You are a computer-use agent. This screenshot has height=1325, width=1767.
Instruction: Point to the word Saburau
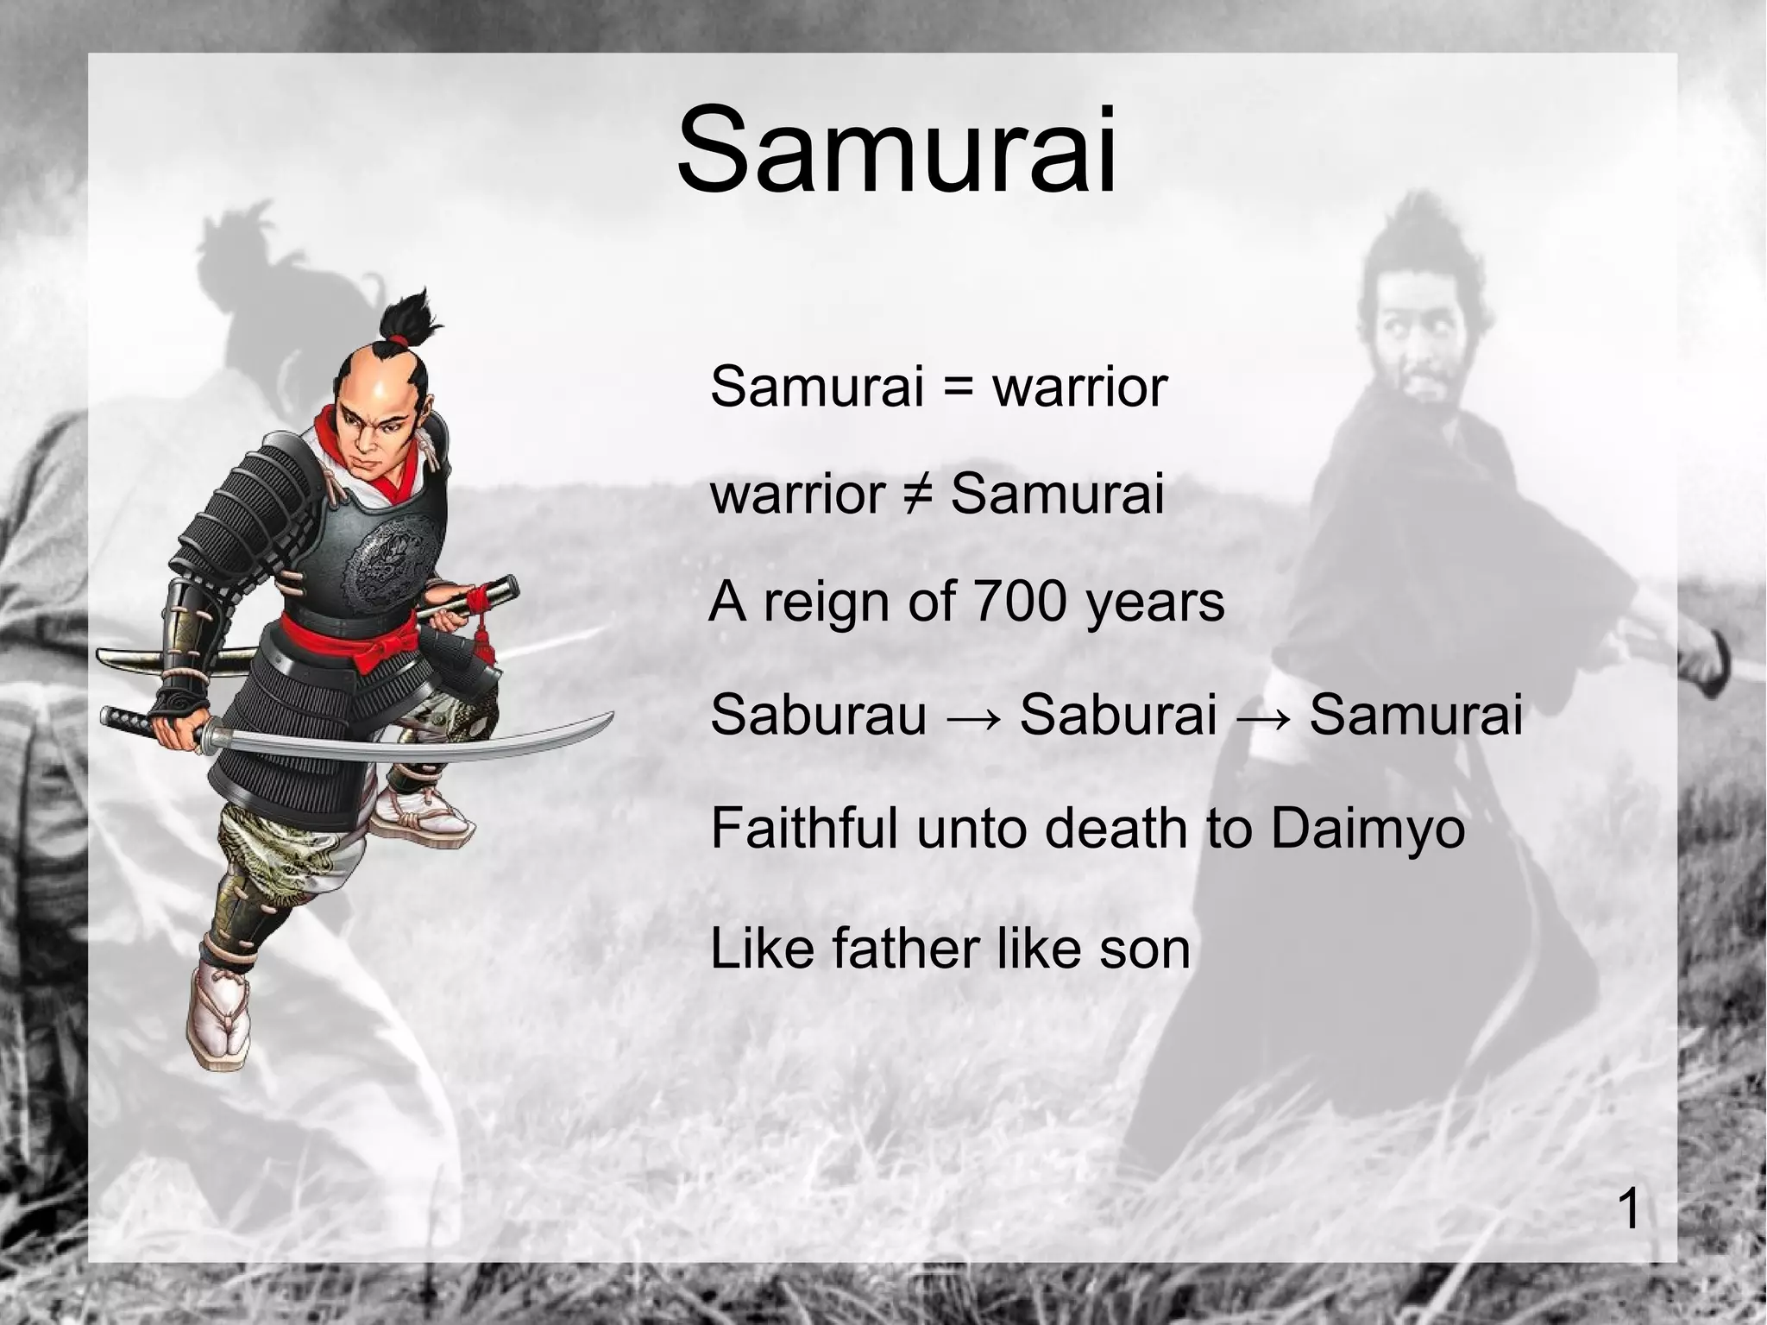click(x=818, y=715)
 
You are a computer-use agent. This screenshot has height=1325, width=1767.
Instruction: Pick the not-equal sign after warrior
click(x=917, y=495)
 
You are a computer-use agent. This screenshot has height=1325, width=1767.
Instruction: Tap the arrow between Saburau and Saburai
click(x=972, y=716)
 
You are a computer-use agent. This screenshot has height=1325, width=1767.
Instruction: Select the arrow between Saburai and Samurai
click(x=1262, y=716)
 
